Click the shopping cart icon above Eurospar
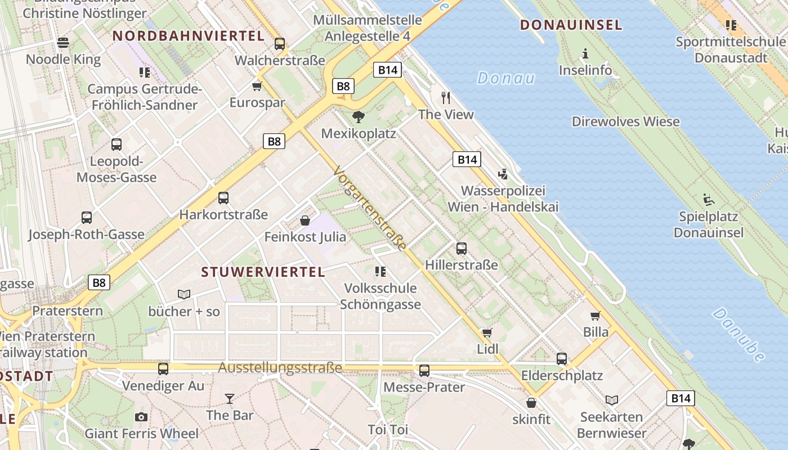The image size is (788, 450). [257, 86]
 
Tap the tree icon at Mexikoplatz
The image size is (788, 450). [358, 117]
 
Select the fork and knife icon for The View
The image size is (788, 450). [446, 98]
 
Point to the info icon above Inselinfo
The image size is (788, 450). [585, 54]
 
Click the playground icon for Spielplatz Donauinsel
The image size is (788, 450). [708, 200]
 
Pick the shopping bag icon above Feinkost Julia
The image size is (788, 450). [305, 220]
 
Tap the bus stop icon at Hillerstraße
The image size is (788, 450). [462, 248]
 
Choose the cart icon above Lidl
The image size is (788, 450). [487, 332]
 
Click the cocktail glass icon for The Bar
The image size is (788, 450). [230, 399]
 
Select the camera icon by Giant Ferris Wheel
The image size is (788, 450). [141, 417]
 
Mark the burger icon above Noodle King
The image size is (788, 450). [63, 43]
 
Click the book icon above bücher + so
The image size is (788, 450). [184, 294]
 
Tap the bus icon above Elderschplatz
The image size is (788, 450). [562, 359]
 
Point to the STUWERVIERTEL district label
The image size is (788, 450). [263, 272]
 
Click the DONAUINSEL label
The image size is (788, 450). [571, 25]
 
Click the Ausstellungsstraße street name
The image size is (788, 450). [280, 368]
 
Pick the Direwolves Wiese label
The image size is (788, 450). [625, 121]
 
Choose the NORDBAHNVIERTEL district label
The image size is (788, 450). [189, 36]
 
